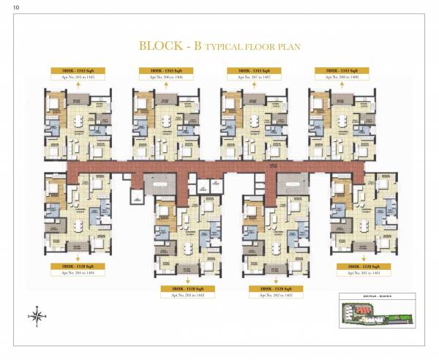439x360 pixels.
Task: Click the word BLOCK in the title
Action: [x=162, y=46]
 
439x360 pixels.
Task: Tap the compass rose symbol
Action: [x=36, y=316]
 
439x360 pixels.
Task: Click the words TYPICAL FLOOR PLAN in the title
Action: [x=252, y=47]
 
